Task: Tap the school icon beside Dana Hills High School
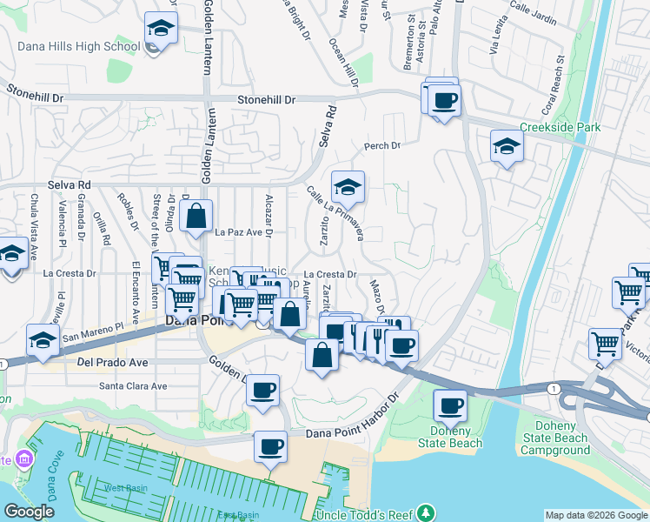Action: (162, 29)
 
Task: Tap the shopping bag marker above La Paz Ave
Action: (197, 216)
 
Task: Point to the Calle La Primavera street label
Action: (335, 211)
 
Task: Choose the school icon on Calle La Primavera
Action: (348, 188)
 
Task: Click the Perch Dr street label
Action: (381, 146)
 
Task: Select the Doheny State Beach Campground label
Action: (555, 438)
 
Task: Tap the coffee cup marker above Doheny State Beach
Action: (450, 405)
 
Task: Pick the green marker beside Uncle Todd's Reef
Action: (425, 512)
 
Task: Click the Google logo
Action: (29, 512)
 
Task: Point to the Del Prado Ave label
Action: (112, 361)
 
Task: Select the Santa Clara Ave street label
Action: (132, 385)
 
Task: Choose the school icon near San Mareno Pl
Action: (43, 340)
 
